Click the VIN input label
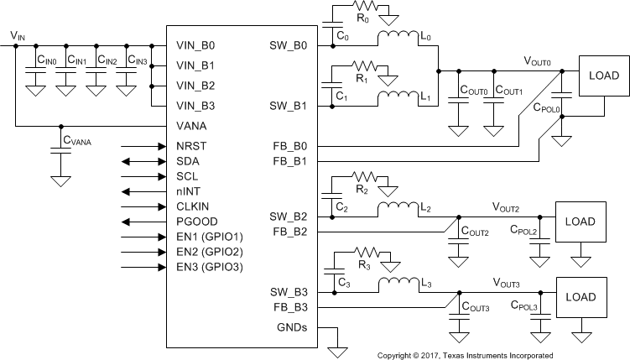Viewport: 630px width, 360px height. click(x=17, y=35)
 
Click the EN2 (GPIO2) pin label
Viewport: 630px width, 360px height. click(x=211, y=252)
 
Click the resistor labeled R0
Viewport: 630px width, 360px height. click(x=365, y=11)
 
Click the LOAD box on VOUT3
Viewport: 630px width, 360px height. click(x=581, y=297)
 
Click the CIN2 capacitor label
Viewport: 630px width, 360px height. click(x=107, y=61)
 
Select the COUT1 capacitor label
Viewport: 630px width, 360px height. click(x=508, y=90)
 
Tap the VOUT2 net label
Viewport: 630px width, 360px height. click(x=507, y=206)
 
